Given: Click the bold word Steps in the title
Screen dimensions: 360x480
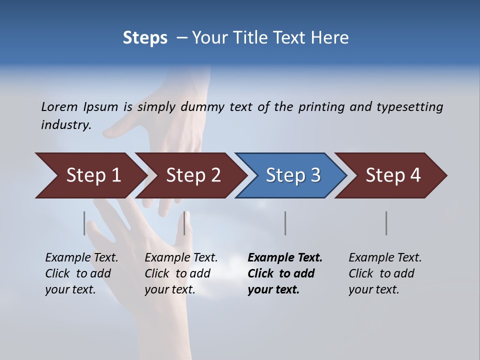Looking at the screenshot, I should (145, 38).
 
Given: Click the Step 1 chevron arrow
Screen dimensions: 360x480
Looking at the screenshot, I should (90, 175).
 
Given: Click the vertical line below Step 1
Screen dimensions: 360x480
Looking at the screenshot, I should (84, 223).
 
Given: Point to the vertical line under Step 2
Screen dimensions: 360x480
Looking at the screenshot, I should (184, 223).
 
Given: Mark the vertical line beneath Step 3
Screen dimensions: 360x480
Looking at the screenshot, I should (285, 223).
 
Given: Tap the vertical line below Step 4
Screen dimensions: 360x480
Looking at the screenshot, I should (386, 223).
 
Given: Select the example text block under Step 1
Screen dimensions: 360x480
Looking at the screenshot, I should (81, 273).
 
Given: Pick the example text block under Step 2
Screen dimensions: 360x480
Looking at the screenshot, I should (181, 273).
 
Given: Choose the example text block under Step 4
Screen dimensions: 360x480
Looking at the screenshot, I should (385, 273).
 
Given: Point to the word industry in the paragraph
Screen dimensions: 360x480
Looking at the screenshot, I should (65, 124).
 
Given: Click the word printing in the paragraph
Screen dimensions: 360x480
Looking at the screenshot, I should (320, 106).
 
